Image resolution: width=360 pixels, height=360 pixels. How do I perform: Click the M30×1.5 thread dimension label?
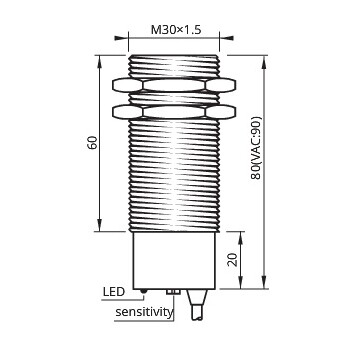176,30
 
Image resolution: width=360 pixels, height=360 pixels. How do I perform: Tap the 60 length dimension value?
92,143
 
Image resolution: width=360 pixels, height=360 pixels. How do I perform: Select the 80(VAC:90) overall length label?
256,148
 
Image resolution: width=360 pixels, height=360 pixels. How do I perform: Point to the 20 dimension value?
234,260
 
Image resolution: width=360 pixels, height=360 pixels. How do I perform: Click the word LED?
114,292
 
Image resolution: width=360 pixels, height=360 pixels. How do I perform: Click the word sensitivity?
144,312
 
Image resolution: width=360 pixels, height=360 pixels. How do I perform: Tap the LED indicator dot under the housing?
144,291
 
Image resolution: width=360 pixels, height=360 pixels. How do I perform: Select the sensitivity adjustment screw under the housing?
173,292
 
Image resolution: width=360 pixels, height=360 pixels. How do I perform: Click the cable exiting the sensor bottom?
197,304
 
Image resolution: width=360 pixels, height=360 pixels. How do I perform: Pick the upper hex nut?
174,85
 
